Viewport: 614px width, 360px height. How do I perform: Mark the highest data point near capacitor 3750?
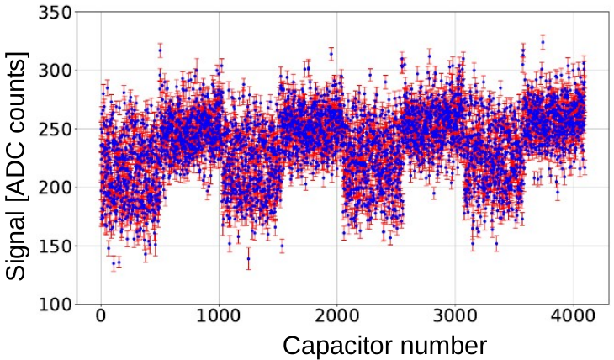point(543,41)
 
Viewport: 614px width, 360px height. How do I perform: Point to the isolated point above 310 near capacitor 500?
point(160,50)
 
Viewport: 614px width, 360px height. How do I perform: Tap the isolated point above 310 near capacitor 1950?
point(331,55)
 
